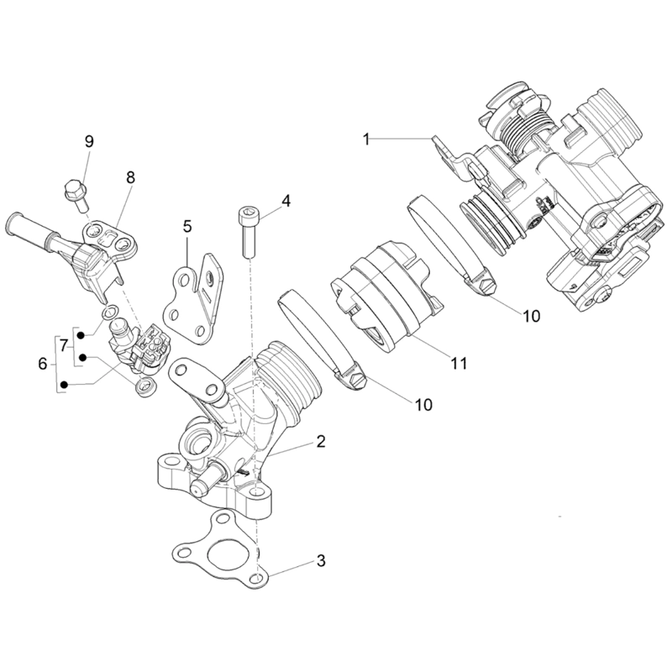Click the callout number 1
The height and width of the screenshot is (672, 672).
[366, 137]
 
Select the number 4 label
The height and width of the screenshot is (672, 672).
[286, 202]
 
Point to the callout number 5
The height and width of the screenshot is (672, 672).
[186, 226]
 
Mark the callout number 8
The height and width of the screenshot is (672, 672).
[130, 177]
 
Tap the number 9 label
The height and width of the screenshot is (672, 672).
[89, 141]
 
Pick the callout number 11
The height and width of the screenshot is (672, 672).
[458, 364]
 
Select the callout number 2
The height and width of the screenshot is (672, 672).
[320, 440]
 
